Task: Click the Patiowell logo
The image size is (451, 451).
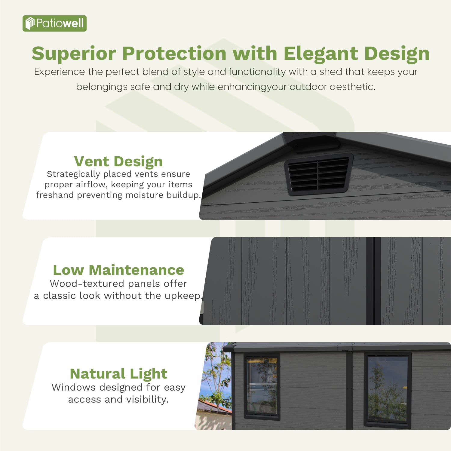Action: [54, 23]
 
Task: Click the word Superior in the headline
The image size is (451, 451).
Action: [74, 54]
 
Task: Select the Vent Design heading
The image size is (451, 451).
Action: [118, 161]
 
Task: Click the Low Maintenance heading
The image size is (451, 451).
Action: [118, 270]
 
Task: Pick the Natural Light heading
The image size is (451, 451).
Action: [118, 374]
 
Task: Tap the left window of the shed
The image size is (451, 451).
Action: [262, 386]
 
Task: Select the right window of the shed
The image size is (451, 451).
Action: [388, 389]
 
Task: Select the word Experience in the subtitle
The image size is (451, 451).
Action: [60, 72]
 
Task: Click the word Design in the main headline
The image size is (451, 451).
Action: [397, 54]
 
